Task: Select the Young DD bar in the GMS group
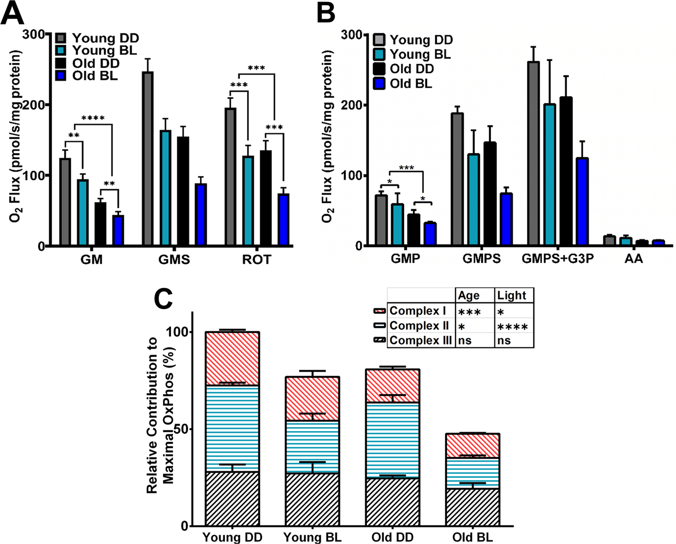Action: pyautogui.click(x=148, y=159)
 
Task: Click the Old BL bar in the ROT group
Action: pyautogui.click(x=284, y=220)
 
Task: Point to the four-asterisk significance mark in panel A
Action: pyautogui.click(x=93, y=119)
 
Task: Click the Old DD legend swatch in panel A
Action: pyautogui.click(x=61, y=64)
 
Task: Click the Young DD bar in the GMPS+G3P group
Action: pyautogui.click(x=533, y=154)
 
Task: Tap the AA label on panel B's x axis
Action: pyautogui.click(x=634, y=259)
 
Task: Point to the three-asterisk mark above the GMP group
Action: pyautogui.click(x=406, y=168)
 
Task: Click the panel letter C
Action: pyautogui.click(x=166, y=299)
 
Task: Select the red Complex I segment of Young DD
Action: pyautogui.click(x=232, y=358)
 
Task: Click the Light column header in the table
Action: pyautogui.click(x=512, y=295)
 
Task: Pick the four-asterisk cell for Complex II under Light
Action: pyautogui.click(x=513, y=326)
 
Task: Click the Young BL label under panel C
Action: pyautogui.click(x=312, y=537)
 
